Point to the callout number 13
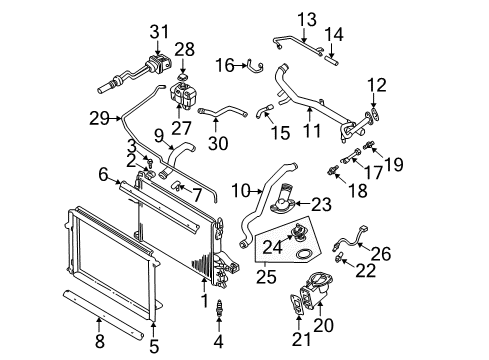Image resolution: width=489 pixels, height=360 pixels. [x=306, y=20]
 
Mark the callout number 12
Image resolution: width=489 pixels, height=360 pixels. [x=375, y=84]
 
